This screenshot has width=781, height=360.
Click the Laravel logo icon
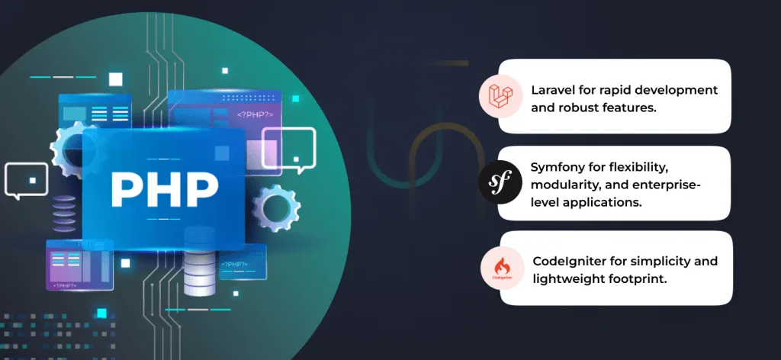[500, 96]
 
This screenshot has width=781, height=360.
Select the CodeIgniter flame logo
[502, 268]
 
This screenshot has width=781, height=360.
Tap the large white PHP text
[165, 189]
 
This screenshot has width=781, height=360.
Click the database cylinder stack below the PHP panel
[200, 260]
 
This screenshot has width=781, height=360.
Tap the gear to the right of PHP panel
[277, 207]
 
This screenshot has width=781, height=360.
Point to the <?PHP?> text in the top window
[255, 115]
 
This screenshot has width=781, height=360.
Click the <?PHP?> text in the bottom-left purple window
[65, 286]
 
